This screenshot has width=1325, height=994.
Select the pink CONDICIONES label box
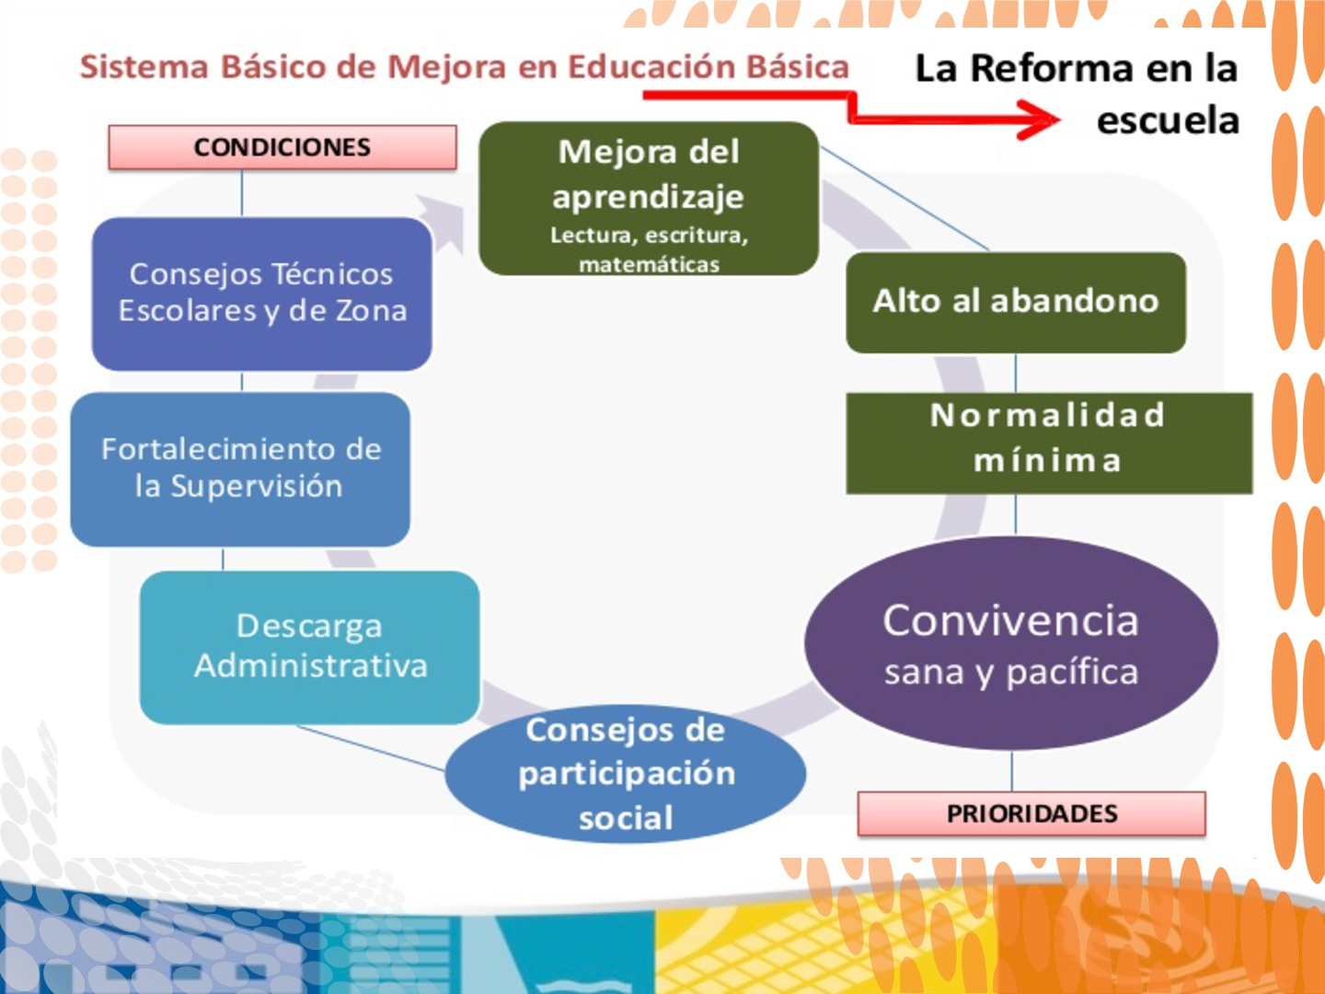282,147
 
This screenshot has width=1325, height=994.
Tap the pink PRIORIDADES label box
1031,814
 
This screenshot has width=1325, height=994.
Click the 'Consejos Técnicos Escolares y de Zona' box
262,294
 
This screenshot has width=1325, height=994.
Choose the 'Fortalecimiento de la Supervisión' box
240,469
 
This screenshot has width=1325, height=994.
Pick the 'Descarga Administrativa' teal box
310,648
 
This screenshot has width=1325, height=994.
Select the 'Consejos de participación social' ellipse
626,774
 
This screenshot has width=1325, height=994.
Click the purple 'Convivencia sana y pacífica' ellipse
1011,642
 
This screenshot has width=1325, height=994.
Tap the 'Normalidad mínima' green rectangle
1049,444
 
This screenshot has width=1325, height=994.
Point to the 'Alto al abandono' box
1016,303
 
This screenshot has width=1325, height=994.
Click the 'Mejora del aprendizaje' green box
649,199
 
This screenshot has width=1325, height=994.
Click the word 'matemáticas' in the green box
650,264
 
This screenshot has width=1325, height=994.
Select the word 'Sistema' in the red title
144,66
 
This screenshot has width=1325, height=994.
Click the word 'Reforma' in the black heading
1052,68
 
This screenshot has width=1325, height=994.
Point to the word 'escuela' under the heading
1168,120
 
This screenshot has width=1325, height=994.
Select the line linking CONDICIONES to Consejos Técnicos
242,193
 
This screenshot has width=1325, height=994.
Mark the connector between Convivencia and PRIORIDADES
1012,770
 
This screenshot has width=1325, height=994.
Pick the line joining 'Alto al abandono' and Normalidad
1015,373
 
